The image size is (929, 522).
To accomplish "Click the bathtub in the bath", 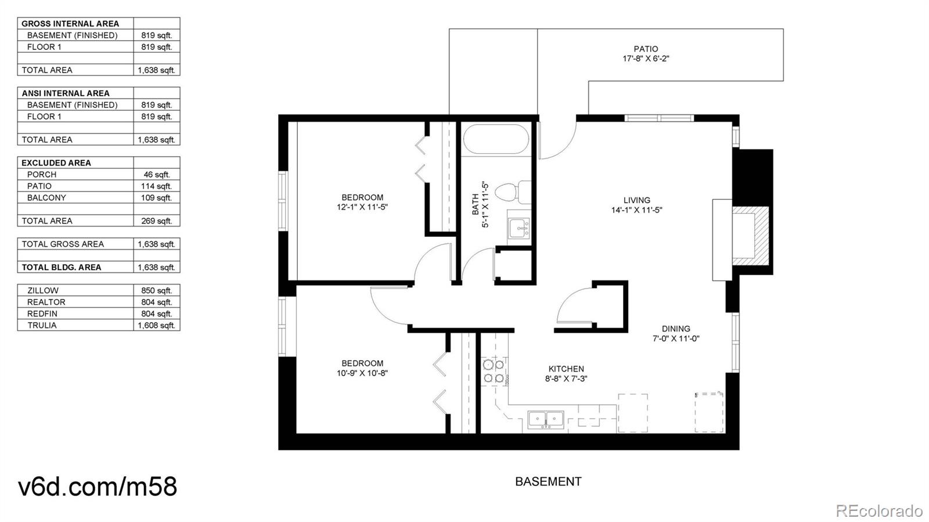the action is pos(496,139).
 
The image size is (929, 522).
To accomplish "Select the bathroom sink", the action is pos(519,228).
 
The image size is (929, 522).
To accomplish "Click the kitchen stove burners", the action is pos(494,372).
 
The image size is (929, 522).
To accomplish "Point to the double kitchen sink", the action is pos(546,420).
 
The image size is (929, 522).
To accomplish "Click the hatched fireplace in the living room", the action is pos(750,236).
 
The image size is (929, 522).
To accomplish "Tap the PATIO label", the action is pos(646,49).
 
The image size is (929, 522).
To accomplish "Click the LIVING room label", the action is pos(636,200).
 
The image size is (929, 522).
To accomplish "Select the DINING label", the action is pos(676,329).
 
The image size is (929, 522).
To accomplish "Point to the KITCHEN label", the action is pos(566,369).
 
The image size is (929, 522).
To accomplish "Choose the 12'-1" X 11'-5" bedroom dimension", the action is pos(362,207).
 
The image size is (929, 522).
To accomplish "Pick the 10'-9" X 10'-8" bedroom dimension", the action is pos(362,373).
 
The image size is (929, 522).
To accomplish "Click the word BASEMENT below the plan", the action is pos(548,482).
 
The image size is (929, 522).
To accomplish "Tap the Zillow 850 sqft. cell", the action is pos(156,291).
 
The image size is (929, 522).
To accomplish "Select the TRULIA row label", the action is pos(42,326).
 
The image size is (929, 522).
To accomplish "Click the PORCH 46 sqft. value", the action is pos(157,175).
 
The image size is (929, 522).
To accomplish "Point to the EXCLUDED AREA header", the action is pos(56,163).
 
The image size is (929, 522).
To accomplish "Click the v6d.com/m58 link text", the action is pos(98,487).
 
